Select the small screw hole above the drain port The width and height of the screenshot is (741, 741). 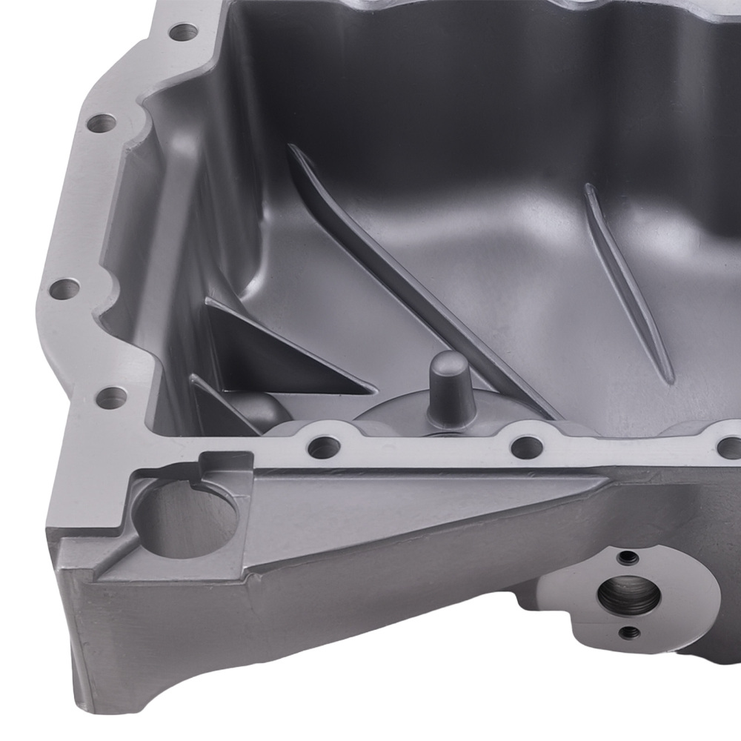point(629,557)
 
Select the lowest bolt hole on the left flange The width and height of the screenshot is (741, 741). point(110,399)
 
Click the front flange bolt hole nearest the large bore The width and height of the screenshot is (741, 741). point(324,447)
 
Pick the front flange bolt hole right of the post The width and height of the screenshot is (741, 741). point(526,447)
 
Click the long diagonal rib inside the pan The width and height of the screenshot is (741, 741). point(415,282)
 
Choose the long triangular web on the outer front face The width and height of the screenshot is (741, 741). point(415,504)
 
